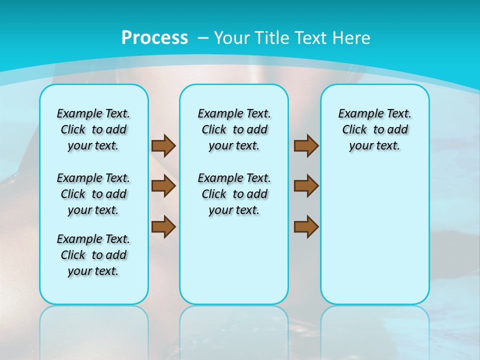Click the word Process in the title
(154, 38)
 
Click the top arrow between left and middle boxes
(163, 145)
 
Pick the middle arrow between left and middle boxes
(163, 186)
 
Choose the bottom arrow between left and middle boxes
(163, 226)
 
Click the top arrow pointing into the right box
(306, 145)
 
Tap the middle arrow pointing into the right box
(306, 186)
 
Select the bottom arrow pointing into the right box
(306, 226)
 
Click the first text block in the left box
(93, 129)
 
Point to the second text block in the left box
(93, 194)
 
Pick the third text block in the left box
(93, 255)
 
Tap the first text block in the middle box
(234, 129)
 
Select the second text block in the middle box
(234, 194)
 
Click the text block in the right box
(374, 129)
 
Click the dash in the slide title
(203, 38)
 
